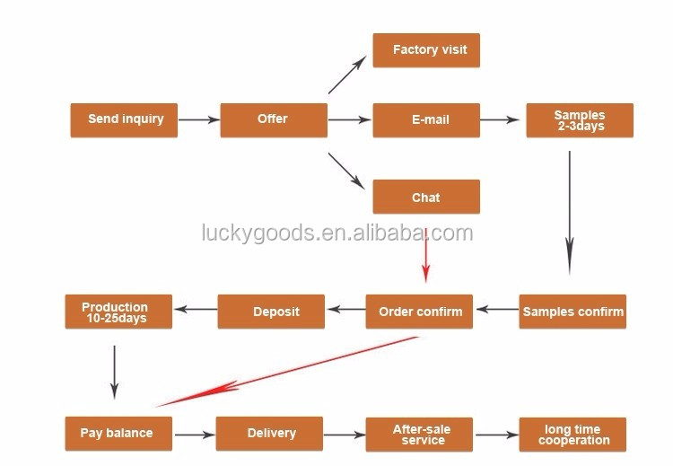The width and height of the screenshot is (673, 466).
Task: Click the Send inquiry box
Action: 124,119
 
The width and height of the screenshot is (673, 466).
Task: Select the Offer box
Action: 273,119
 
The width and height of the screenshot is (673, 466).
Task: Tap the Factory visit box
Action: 425,50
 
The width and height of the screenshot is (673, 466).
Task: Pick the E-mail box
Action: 425,119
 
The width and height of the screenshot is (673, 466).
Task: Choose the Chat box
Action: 425,198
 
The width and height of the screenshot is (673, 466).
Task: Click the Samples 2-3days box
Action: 579,120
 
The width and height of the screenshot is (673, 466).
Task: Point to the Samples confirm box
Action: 572,312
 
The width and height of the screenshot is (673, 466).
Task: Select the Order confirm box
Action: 419,312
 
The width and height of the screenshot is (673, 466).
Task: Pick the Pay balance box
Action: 117,434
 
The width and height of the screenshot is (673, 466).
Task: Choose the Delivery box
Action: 270,434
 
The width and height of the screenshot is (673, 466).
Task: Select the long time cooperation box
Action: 572,435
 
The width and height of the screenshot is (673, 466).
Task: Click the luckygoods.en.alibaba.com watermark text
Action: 336,234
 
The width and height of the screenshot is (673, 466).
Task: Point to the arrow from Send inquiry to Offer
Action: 198,119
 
